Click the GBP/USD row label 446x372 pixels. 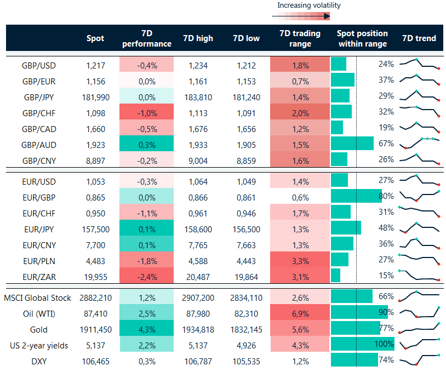coord(39,65)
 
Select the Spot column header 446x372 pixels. coord(95,38)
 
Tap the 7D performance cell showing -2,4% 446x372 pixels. coord(147,277)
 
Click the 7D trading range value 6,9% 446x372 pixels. coord(300,314)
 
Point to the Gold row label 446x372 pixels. coord(39,330)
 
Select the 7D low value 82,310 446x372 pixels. coord(245,314)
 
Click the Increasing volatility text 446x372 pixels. coord(309,5)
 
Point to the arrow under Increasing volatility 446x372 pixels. coord(301,16)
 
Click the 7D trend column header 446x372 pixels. coord(419,38)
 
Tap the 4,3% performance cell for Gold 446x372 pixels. coord(147,330)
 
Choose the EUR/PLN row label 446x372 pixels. coord(39,260)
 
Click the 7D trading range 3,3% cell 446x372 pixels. coord(300,260)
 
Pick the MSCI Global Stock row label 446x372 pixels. coord(38,298)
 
